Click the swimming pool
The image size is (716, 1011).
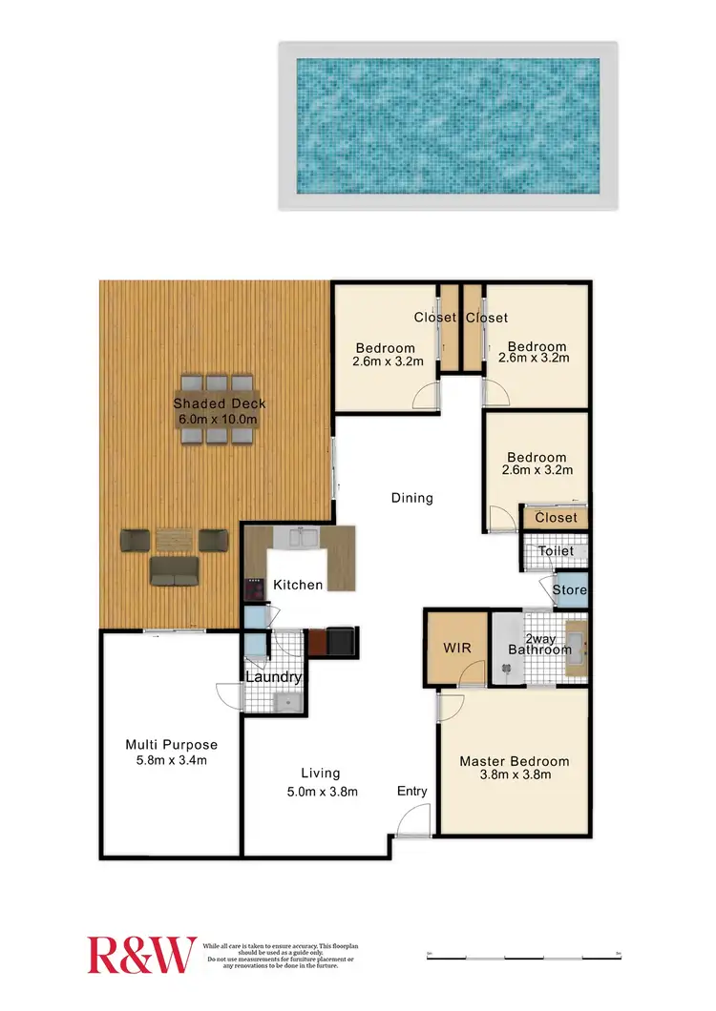(x=448, y=125)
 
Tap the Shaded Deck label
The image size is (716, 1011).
(x=219, y=403)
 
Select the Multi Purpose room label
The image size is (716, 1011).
(x=172, y=745)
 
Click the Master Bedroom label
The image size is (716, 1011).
(x=515, y=761)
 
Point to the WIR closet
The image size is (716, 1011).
(x=457, y=648)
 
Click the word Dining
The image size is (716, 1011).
(x=412, y=498)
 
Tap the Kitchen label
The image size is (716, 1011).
(x=298, y=585)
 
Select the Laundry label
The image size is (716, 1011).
(x=274, y=677)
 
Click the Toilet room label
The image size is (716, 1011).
(x=556, y=551)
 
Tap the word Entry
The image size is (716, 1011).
(x=412, y=792)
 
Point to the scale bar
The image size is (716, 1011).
(x=523, y=954)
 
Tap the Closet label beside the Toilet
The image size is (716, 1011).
(x=557, y=518)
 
